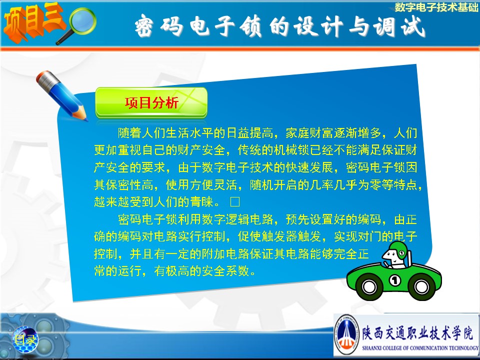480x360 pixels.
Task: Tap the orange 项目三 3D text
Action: click(x=33, y=21)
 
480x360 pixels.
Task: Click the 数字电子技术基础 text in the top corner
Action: click(x=436, y=7)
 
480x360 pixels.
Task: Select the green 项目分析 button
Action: click(x=151, y=102)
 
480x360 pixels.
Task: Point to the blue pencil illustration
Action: click(x=61, y=95)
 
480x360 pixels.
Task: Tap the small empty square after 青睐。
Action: click(x=235, y=201)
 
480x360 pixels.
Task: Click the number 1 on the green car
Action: click(x=395, y=280)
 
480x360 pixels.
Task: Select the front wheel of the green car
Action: click(x=369, y=286)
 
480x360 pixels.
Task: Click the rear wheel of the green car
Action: click(x=421, y=286)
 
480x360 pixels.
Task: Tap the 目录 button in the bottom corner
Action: click(x=25, y=339)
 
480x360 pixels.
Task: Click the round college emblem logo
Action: click(x=346, y=334)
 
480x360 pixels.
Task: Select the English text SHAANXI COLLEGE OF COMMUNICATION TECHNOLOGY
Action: click(x=420, y=348)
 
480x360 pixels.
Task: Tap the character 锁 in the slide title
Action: click(x=250, y=26)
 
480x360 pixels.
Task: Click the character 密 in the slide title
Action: click(x=144, y=25)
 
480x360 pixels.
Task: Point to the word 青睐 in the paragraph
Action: click(x=201, y=201)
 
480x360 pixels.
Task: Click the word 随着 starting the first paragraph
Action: click(x=130, y=133)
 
